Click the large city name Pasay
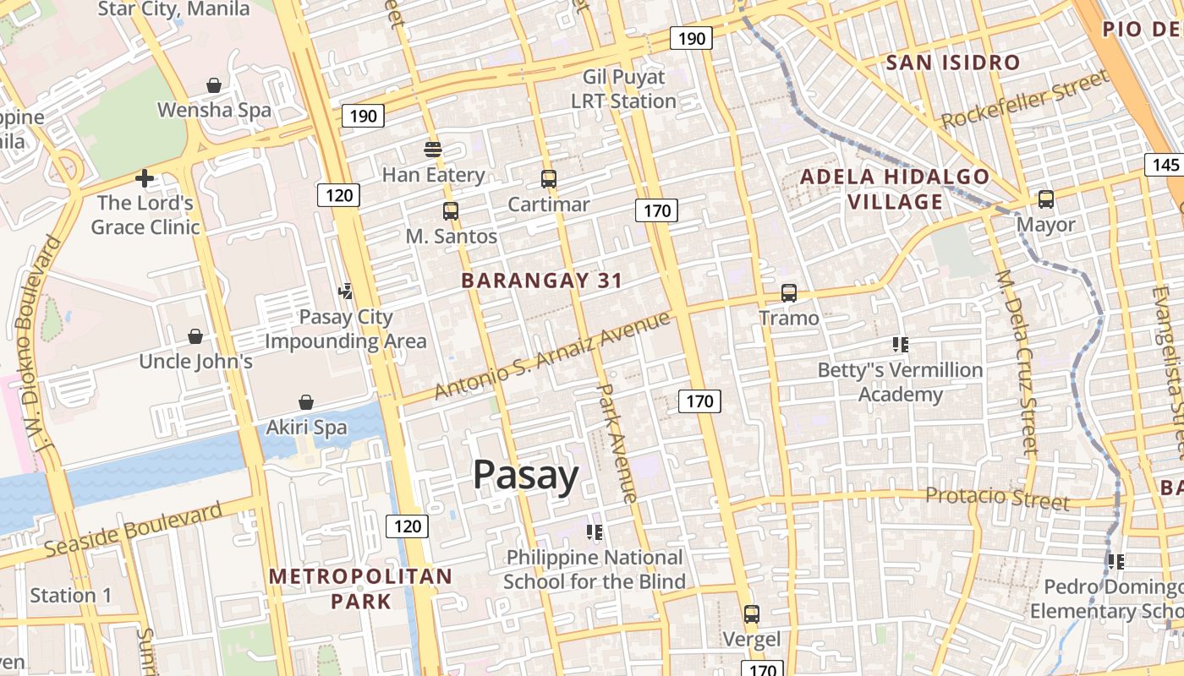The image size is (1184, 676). [x=525, y=475]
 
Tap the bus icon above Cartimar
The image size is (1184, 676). [x=549, y=178]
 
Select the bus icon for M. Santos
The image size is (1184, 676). [x=451, y=211]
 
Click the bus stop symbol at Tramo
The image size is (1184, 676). [x=789, y=293]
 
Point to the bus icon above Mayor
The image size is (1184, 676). [x=1046, y=199]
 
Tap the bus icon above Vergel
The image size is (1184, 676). [x=752, y=614]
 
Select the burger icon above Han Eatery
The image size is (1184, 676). [x=433, y=150]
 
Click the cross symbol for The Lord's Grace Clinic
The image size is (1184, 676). [x=145, y=178]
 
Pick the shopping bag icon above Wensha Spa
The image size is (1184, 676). [x=214, y=85]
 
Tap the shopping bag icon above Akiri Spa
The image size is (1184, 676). [x=306, y=402]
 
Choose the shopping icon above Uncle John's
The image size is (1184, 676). [x=195, y=336]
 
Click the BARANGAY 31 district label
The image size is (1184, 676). [x=542, y=281]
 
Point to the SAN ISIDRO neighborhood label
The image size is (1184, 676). [x=953, y=63]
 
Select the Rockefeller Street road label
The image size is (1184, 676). [x=1024, y=101]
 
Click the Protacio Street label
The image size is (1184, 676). [x=997, y=498]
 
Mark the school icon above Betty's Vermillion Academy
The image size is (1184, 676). [x=900, y=344]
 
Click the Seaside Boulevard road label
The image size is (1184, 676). [x=133, y=529]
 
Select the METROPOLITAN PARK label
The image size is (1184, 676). [x=361, y=589]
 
